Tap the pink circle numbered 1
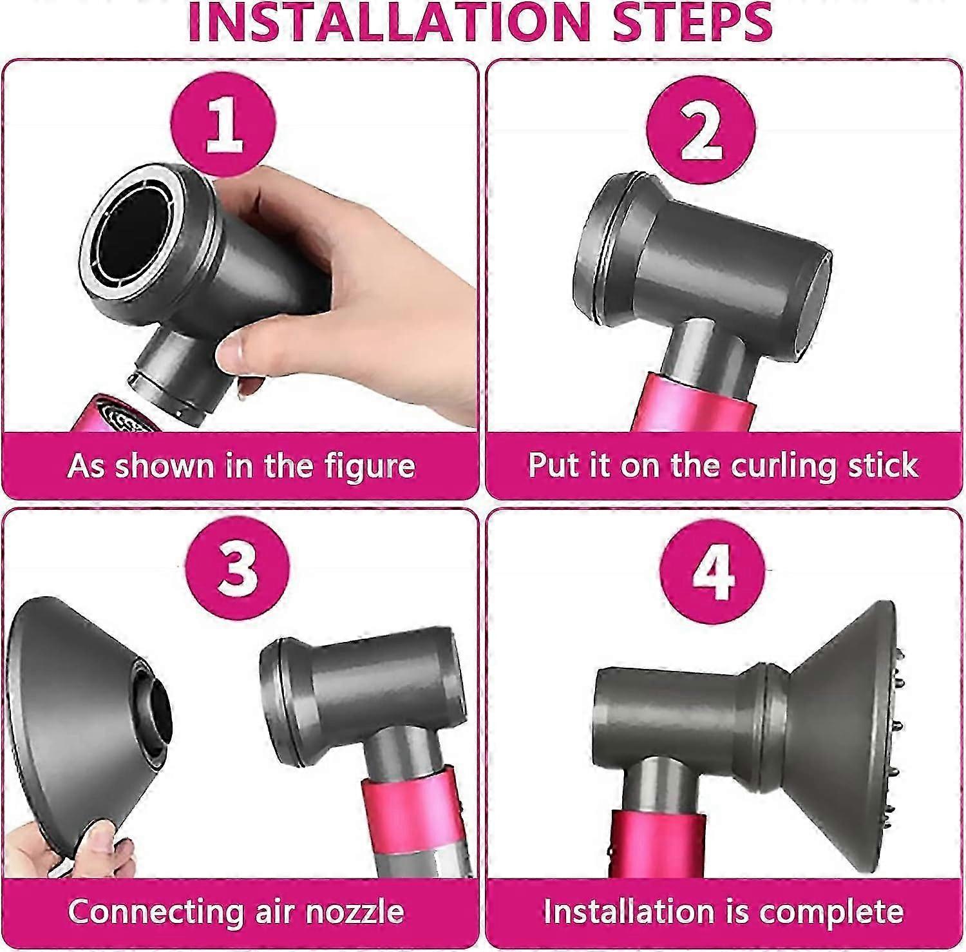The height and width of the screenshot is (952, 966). point(224,122)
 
